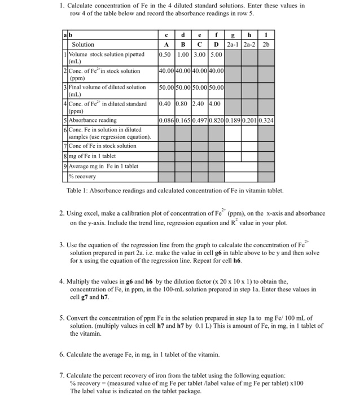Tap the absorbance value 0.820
tap(217, 120)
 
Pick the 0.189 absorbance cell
tap(234, 120)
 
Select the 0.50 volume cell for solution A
tap(166, 55)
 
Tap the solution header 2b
tap(267, 44)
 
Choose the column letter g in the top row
tap(234, 34)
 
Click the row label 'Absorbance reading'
tap(95, 120)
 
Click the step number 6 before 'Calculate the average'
tap(62, 354)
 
